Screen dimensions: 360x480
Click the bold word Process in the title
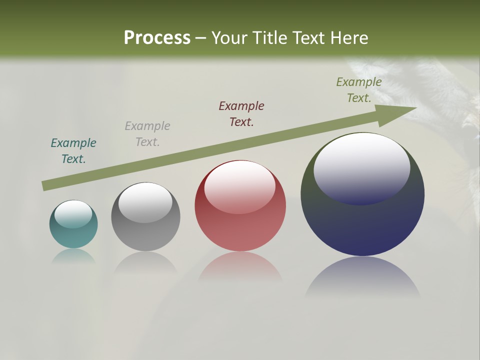point(157,38)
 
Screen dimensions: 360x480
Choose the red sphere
point(240,225)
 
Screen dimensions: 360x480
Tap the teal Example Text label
point(73,151)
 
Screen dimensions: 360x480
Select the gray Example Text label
point(147,134)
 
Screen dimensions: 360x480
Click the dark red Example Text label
point(241,113)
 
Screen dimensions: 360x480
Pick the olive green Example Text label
point(359,90)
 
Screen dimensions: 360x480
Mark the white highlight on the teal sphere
point(73,214)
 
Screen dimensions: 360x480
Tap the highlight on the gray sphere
point(145,202)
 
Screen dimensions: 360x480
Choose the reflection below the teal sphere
point(73,256)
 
